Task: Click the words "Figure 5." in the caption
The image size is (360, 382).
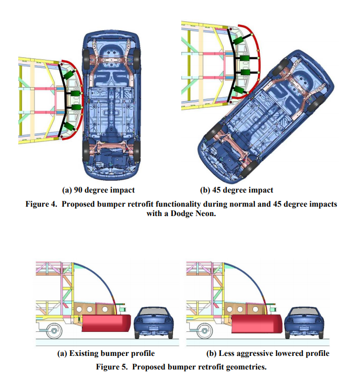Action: pyautogui.click(x=111, y=366)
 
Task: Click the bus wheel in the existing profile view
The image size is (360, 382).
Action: pyautogui.click(x=54, y=330)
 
